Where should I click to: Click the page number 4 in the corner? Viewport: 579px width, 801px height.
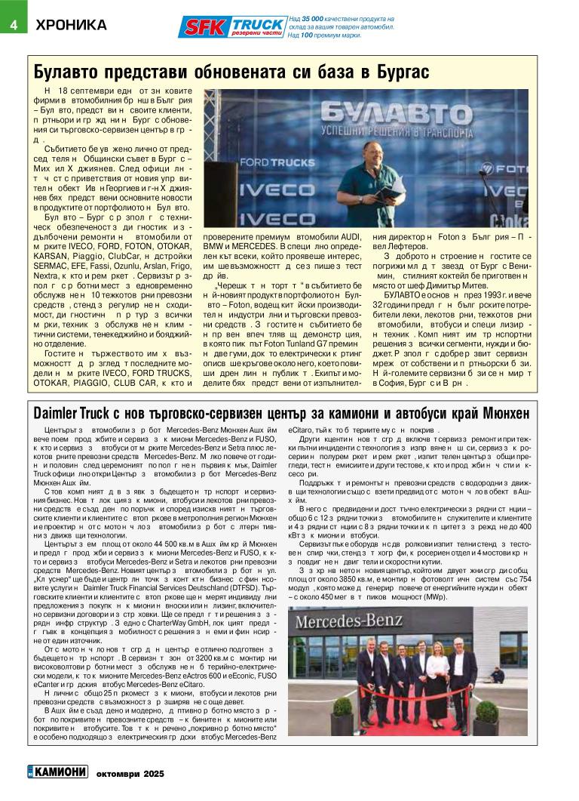pyautogui.click(x=13, y=25)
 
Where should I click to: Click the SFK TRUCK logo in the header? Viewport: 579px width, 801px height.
pyautogui.click(x=232, y=26)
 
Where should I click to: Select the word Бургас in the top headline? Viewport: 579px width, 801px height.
pyautogui.click(x=396, y=72)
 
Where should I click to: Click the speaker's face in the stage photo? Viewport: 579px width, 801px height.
pyautogui.click(x=372, y=153)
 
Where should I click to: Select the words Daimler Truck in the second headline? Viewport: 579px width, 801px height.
pyautogui.click(x=67, y=414)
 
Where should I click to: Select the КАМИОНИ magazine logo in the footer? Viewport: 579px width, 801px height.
pyautogui.click(x=54, y=773)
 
